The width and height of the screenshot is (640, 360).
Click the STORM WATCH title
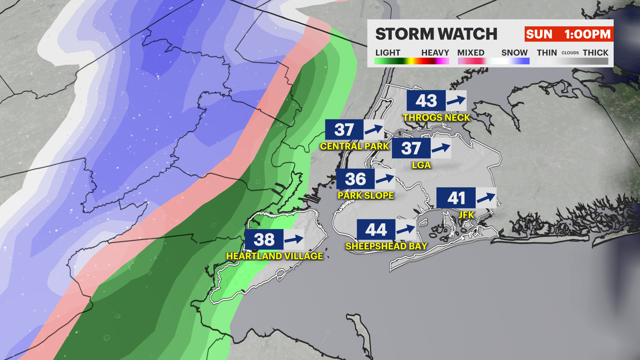pos(436,34)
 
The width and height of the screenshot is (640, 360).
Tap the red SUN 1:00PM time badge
pos(568,34)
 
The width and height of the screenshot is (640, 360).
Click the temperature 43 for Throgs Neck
pos(426,101)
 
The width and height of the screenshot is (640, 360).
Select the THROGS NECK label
pos(436,118)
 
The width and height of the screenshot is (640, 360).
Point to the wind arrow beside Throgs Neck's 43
pos(456,100)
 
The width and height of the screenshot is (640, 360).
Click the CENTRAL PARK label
pos(354,146)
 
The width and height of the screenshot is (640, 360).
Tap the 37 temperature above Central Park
pos(344,130)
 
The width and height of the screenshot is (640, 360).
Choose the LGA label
pos(421,165)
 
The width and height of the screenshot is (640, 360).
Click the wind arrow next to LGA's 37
pos(441,148)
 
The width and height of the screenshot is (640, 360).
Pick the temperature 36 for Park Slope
pos(355,179)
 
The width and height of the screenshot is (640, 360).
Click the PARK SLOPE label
pos(366,196)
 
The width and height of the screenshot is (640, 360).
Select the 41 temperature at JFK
pos(456,198)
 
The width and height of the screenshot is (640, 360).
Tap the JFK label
pos(466,215)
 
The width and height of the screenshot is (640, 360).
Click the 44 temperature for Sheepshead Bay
pos(376,230)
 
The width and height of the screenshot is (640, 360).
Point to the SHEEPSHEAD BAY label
pos(386,246)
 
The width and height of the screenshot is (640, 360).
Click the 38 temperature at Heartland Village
pos(264,239)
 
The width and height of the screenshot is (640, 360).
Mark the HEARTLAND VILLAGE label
pos(275,256)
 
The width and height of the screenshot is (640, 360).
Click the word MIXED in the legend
pos(471,53)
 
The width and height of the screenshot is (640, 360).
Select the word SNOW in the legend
pos(514,53)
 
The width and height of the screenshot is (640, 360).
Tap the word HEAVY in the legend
pos(435,53)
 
